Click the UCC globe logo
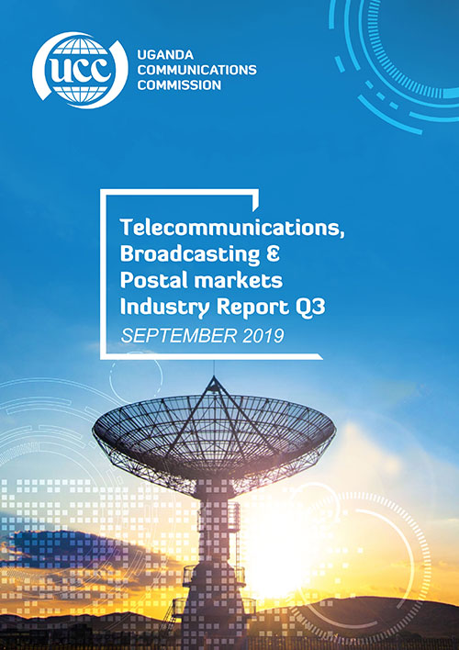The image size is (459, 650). pos(80,70)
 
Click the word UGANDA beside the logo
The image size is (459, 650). pos(165,55)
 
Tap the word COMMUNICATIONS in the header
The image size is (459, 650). pos(197,70)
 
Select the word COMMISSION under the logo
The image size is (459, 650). pos(179,85)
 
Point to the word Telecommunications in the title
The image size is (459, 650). pos(232,228)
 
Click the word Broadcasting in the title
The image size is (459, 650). pos(190,254)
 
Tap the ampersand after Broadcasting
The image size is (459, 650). pos(273,253)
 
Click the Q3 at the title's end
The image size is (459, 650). pos(310,308)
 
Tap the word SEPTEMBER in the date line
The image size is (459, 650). pos(179,335)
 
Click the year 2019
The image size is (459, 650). pos(263,335)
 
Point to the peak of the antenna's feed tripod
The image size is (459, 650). pos(214,378)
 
